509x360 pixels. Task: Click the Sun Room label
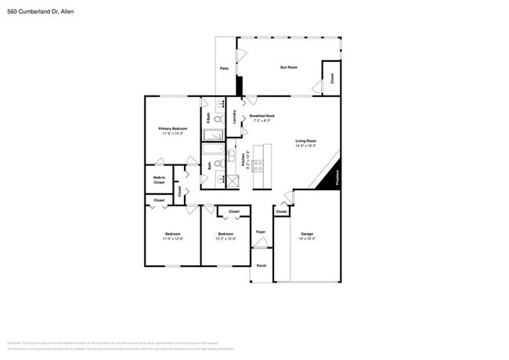tap(289, 68)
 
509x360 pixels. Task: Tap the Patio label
tap(224, 70)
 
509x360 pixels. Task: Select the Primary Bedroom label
tap(172, 128)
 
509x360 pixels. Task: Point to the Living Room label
tap(305, 140)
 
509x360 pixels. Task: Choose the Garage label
tap(307, 234)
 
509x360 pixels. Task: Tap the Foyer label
tap(261, 232)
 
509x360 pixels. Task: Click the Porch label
tap(262, 265)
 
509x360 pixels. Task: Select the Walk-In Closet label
tap(159, 180)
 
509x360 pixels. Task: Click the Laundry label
tap(236, 117)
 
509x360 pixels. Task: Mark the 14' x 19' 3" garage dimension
tap(307, 239)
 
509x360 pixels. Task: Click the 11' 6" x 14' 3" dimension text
tap(172, 134)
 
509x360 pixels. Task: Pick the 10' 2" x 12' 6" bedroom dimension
tap(226, 239)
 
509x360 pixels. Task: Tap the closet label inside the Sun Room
tap(331, 78)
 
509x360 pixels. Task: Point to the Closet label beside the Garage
tap(282, 211)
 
